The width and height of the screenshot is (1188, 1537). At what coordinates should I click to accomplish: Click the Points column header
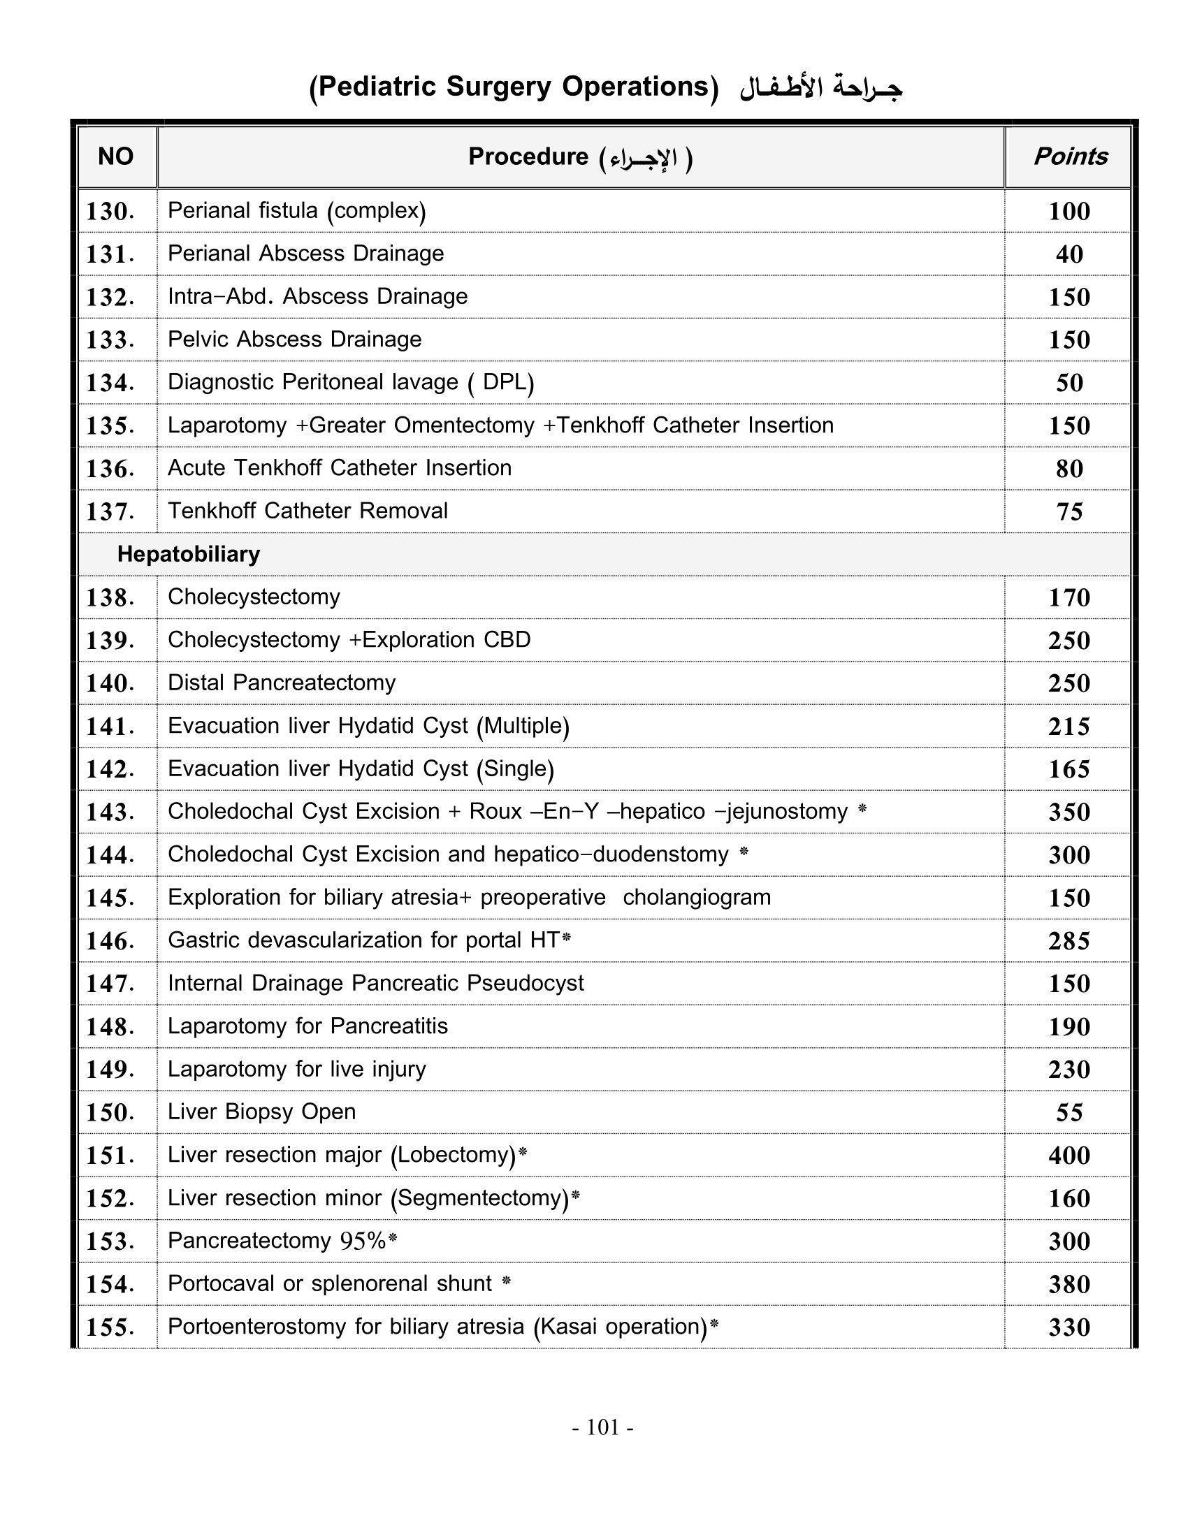(x=1070, y=156)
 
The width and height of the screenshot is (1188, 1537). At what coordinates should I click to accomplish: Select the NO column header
(x=115, y=156)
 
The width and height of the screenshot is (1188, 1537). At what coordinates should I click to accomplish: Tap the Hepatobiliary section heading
(x=189, y=555)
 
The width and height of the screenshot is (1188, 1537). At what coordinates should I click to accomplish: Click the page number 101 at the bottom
(x=602, y=1427)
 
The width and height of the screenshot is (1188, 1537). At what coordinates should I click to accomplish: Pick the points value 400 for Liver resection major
(x=1069, y=1156)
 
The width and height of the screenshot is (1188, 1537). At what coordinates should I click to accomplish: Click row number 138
(x=110, y=597)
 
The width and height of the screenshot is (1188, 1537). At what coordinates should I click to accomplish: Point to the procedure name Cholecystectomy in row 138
(x=254, y=597)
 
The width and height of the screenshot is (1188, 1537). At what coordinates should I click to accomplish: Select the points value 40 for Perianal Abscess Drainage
(x=1069, y=254)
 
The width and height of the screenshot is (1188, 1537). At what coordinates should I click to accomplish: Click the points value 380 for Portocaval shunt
(x=1069, y=1284)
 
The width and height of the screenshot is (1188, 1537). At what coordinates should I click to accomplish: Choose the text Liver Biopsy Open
(x=261, y=1112)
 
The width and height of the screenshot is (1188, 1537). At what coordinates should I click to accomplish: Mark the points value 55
(x=1069, y=1113)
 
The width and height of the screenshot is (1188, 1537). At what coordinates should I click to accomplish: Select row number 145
(x=110, y=898)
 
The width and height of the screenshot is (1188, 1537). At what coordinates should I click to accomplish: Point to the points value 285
(x=1069, y=941)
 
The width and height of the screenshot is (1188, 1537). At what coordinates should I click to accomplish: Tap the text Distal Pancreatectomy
(x=282, y=683)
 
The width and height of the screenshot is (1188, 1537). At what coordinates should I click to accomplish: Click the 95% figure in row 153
(x=363, y=1241)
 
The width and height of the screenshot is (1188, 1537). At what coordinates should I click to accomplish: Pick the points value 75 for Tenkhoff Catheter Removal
(x=1069, y=511)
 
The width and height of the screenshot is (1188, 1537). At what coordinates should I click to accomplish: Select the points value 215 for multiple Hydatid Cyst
(x=1069, y=727)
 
